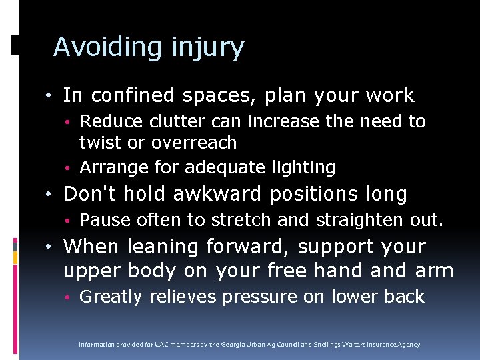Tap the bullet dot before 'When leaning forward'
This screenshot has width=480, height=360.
tap(51, 247)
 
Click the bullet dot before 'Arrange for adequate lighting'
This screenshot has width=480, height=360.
tap(69, 167)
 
